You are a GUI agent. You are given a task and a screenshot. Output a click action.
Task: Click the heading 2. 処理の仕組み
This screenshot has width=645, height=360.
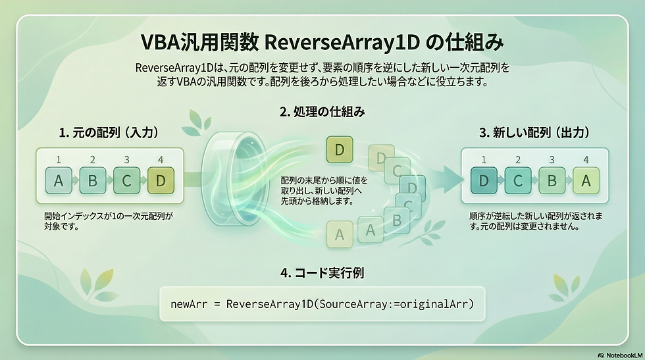pyautogui.click(x=322, y=112)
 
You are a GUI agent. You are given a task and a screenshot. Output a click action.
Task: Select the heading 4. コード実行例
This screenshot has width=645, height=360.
pyautogui.click(x=322, y=270)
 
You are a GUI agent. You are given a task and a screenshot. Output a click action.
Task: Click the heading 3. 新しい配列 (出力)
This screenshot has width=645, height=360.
pyautogui.click(x=534, y=133)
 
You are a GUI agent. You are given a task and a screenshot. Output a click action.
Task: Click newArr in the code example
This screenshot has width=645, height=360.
pyautogui.click(x=188, y=304)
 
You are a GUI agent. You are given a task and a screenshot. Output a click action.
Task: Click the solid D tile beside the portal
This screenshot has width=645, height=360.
pyautogui.click(x=340, y=150)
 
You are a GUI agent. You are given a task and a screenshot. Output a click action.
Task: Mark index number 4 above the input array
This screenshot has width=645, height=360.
pyautogui.click(x=161, y=160)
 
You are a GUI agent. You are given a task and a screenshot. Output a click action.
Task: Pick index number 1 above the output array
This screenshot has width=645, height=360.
pyautogui.click(x=484, y=160)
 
